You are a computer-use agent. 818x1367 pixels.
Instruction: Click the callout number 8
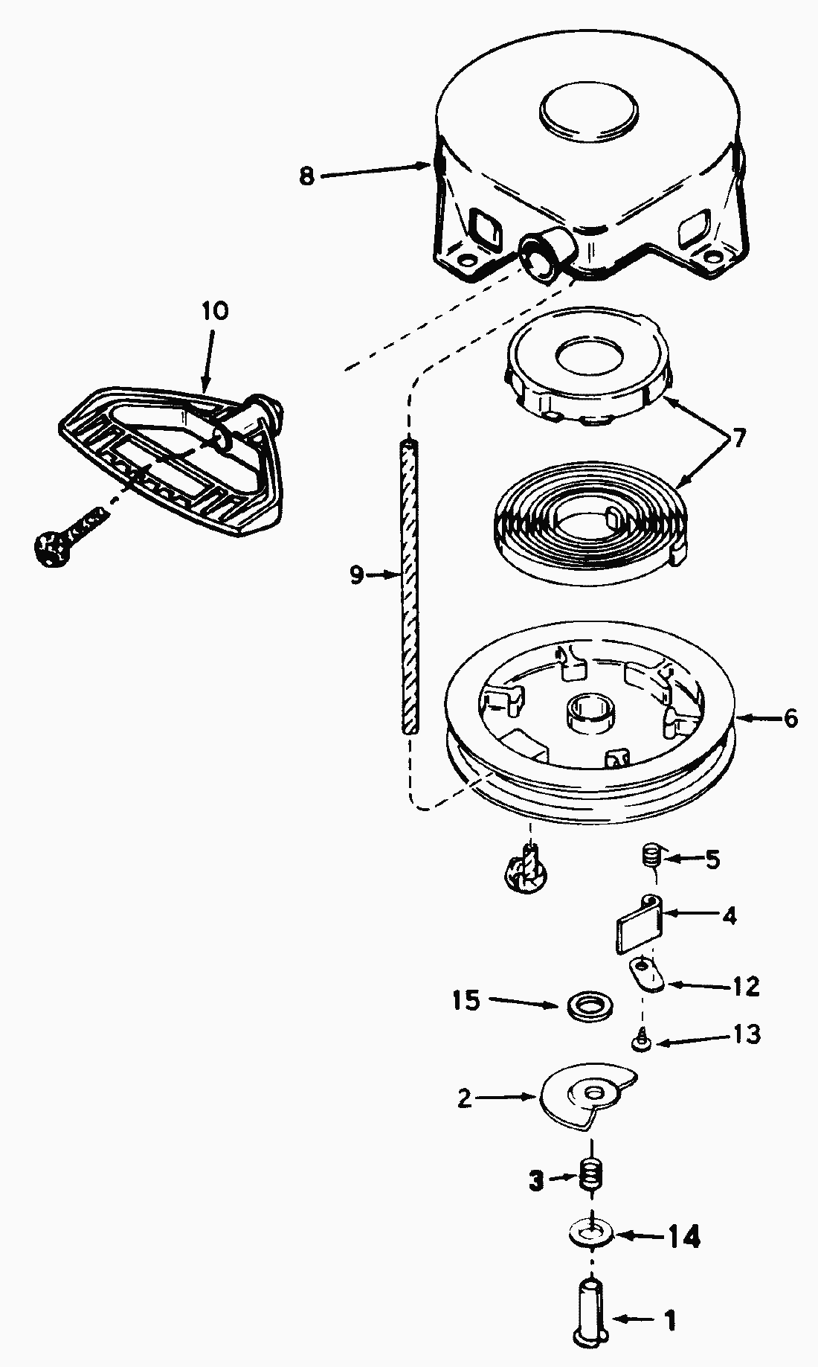click(x=307, y=176)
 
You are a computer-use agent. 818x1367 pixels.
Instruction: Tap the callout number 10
click(x=214, y=310)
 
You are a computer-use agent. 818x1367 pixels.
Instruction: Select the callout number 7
click(x=738, y=438)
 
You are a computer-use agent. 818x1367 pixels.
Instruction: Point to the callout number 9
click(x=357, y=574)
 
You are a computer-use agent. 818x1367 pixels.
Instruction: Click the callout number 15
click(x=466, y=1001)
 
